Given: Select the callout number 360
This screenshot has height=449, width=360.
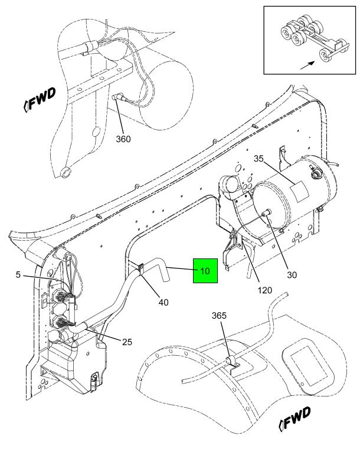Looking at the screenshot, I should pos(123,139).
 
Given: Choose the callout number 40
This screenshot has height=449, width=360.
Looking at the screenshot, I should pos(163,301).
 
